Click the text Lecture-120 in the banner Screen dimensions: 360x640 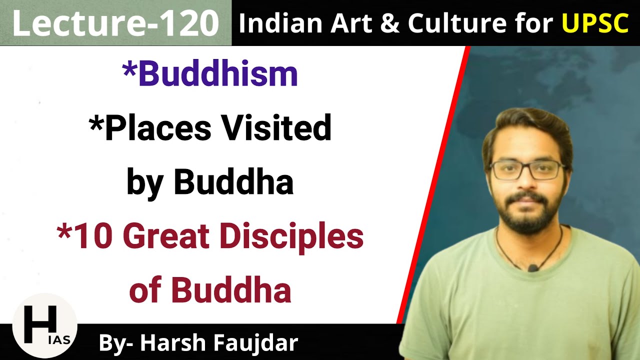pyautogui.click(x=115, y=23)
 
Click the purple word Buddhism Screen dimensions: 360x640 pyautogui.click(x=217, y=74)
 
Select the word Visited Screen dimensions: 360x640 pyautogui.click(x=276, y=128)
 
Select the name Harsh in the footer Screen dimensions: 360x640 pyautogui.click(x=172, y=343)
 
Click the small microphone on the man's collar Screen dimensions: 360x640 pyautogui.click(x=533, y=268)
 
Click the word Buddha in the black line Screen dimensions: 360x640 pyautogui.click(x=233, y=183)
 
